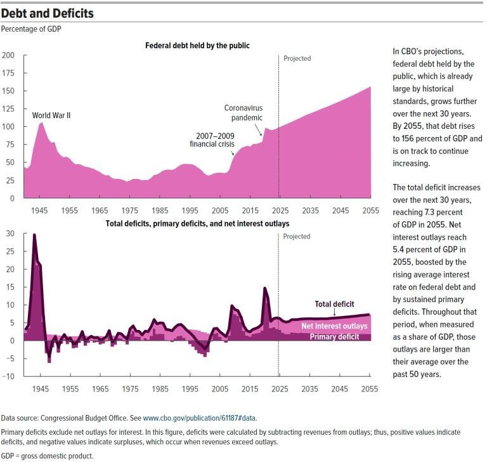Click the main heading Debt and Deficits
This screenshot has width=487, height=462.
click(48, 13)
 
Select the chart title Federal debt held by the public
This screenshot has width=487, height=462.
click(197, 46)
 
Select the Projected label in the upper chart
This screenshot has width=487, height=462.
click(297, 58)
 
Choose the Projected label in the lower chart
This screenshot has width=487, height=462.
click(297, 236)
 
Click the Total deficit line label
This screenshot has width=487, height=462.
click(334, 304)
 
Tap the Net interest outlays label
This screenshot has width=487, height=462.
click(334, 326)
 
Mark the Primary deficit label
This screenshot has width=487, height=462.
click(334, 336)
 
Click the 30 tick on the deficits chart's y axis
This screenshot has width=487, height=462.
click(10, 234)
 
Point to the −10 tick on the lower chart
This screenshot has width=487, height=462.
click(8, 376)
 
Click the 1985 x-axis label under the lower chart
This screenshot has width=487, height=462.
click(160, 388)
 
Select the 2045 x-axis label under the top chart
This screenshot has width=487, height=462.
click(340, 210)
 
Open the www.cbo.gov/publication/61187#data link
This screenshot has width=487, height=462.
click(200, 418)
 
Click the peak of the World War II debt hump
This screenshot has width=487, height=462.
click(41, 122)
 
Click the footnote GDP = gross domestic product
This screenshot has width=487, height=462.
click(47, 456)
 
